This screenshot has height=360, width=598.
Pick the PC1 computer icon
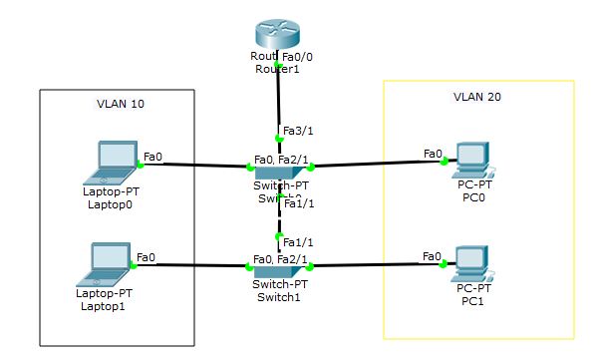[468, 262]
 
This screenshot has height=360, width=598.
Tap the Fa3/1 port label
[297, 131]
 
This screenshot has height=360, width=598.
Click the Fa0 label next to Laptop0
[153, 156]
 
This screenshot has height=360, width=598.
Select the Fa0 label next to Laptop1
[146, 256]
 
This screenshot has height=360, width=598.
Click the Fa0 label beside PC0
[433, 154]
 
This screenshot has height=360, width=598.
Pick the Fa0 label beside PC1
[433, 256]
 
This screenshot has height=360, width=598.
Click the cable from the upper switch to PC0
[369, 162]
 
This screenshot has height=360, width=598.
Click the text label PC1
[469, 299]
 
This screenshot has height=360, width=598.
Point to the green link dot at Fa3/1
[279, 138]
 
